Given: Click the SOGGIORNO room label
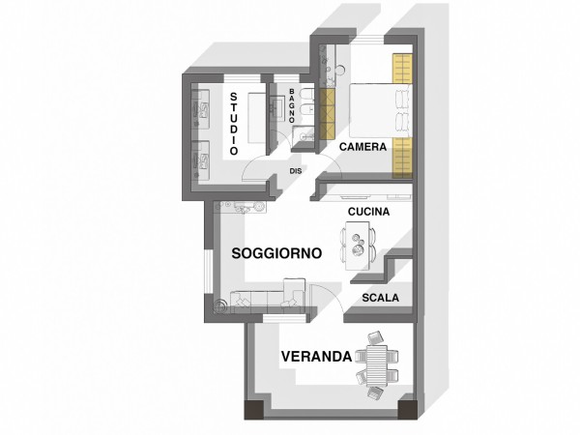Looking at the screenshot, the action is coord(276,253).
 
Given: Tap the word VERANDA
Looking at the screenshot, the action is coord(317,357).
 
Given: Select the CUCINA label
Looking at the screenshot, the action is coord(369,212).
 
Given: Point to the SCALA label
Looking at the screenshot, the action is coord(381,298).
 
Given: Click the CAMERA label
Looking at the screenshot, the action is coord(362,147).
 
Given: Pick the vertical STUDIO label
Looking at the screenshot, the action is coord(234,124).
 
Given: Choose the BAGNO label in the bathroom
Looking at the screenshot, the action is coord(292,105).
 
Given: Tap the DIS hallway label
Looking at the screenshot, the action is coord(296,171).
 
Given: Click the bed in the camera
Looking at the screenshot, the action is coord(381,110).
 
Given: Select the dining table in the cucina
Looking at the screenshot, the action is coord(358,246).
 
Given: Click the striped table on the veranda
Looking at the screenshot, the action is coord(377,365).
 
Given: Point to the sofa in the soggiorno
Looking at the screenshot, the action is coord(268,297).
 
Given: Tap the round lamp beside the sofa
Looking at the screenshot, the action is coord(220,305).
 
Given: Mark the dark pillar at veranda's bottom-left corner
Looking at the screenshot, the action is coord(254,409).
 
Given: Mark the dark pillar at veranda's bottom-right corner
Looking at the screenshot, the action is coord(408,409).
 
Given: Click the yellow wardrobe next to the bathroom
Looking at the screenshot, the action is coord(327,114).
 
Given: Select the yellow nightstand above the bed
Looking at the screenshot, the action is coord(402,69).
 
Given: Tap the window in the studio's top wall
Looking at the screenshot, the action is coord(243,78).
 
